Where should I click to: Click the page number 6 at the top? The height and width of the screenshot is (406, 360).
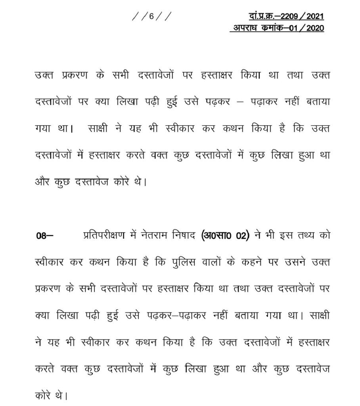[151, 17]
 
